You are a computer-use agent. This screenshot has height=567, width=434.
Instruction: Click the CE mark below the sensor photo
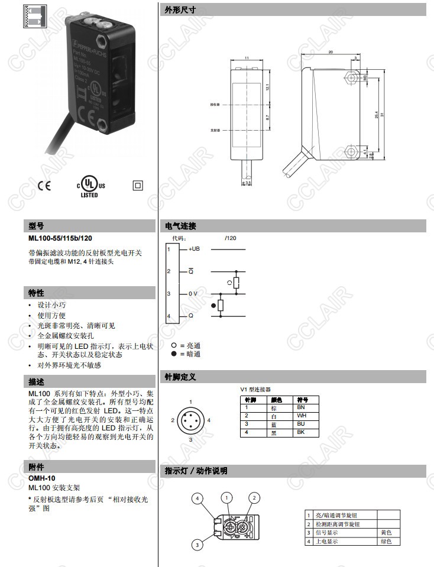tap(44, 185)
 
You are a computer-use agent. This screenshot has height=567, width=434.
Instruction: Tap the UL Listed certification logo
tap(89, 185)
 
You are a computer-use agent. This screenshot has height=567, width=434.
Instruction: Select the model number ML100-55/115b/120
tap(60, 238)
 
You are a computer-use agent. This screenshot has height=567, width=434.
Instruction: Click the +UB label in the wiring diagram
tap(194, 249)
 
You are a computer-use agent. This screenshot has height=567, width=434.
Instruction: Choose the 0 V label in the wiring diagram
tap(193, 294)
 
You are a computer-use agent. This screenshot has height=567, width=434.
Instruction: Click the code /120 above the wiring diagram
tap(231, 238)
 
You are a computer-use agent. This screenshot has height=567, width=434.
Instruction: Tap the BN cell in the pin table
tap(301, 408)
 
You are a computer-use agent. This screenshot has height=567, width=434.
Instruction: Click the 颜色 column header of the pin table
tap(276, 400)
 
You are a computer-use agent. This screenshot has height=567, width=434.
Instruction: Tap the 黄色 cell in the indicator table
tap(388, 533)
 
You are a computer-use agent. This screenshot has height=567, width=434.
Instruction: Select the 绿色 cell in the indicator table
tap(388, 541)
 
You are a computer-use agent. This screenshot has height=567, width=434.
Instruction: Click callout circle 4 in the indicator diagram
tap(199, 498)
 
